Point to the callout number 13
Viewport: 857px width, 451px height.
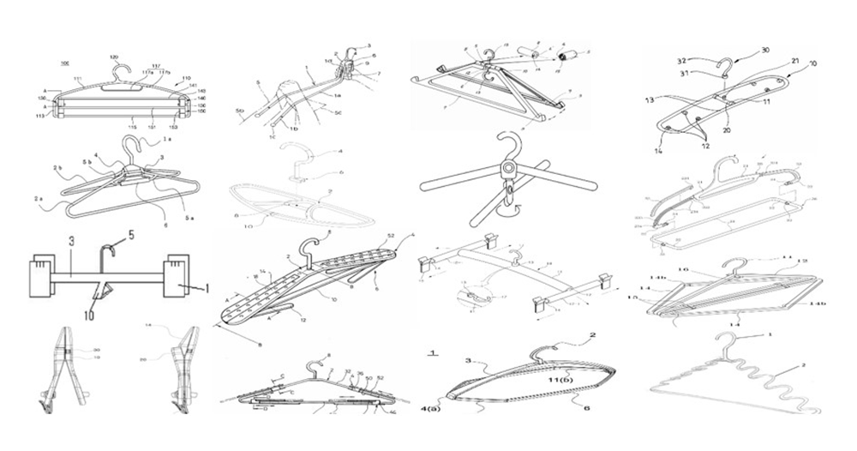[x=651, y=100]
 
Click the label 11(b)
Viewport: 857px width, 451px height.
[x=561, y=378]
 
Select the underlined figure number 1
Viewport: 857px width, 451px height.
[x=434, y=352]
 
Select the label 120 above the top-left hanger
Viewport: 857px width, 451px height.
[x=114, y=57]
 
